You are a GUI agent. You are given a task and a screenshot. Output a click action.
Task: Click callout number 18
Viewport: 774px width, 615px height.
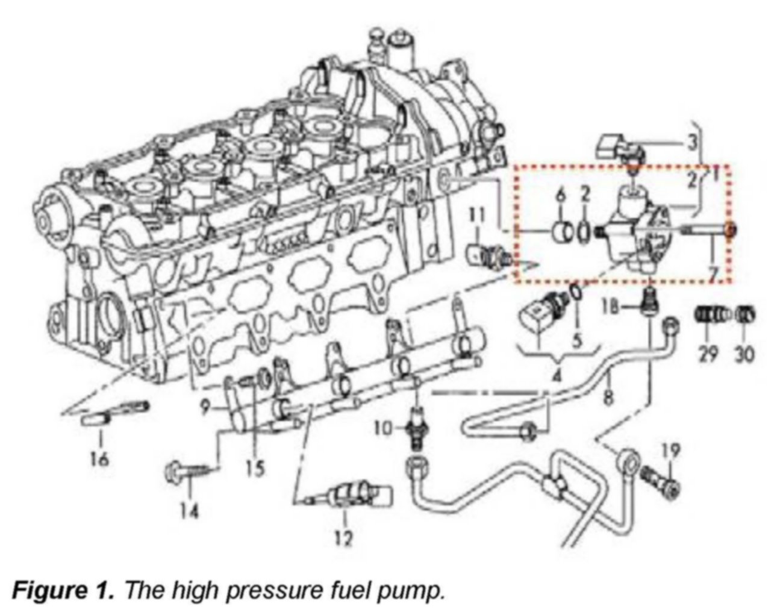610,307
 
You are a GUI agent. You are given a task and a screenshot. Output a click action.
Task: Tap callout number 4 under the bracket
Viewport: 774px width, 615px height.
557,377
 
